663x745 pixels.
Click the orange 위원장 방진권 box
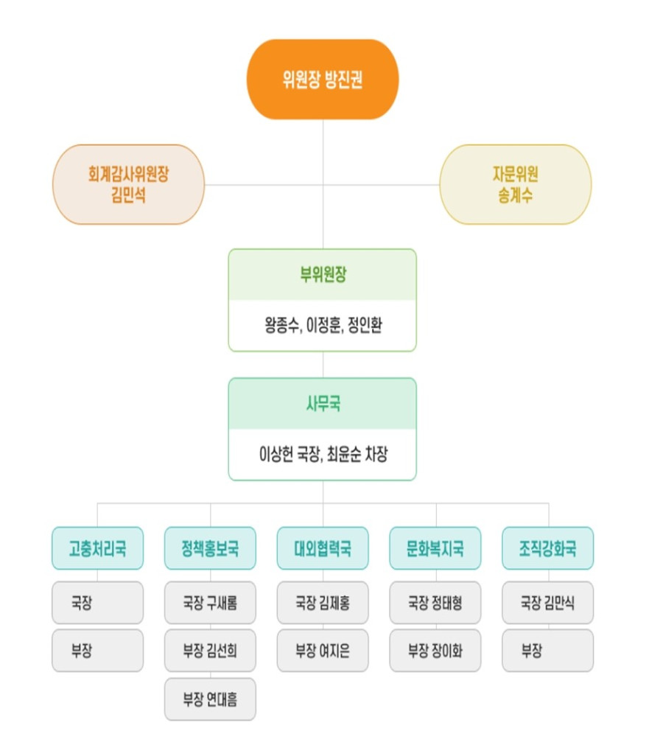click(x=322, y=80)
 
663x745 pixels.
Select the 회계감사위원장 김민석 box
click(x=128, y=184)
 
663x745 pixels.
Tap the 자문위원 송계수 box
click(x=515, y=184)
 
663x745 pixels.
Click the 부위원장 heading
click(x=322, y=276)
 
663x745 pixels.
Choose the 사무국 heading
click(x=322, y=405)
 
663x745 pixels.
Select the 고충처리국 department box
click(x=97, y=548)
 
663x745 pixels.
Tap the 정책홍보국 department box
click(x=210, y=548)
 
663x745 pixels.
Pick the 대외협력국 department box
click(x=323, y=548)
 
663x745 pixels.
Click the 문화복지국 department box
click(x=435, y=548)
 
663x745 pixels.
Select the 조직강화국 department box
click(x=548, y=548)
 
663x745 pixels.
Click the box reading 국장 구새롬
click(x=210, y=603)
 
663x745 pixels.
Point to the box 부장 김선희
click(x=210, y=651)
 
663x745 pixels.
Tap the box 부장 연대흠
click(x=210, y=699)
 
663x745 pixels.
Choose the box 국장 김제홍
click(x=323, y=603)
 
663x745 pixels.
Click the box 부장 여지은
click(x=323, y=651)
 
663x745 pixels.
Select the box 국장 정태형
click(x=435, y=603)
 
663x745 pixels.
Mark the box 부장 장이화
click(x=435, y=651)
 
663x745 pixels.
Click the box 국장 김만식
click(x=548, y=603)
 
